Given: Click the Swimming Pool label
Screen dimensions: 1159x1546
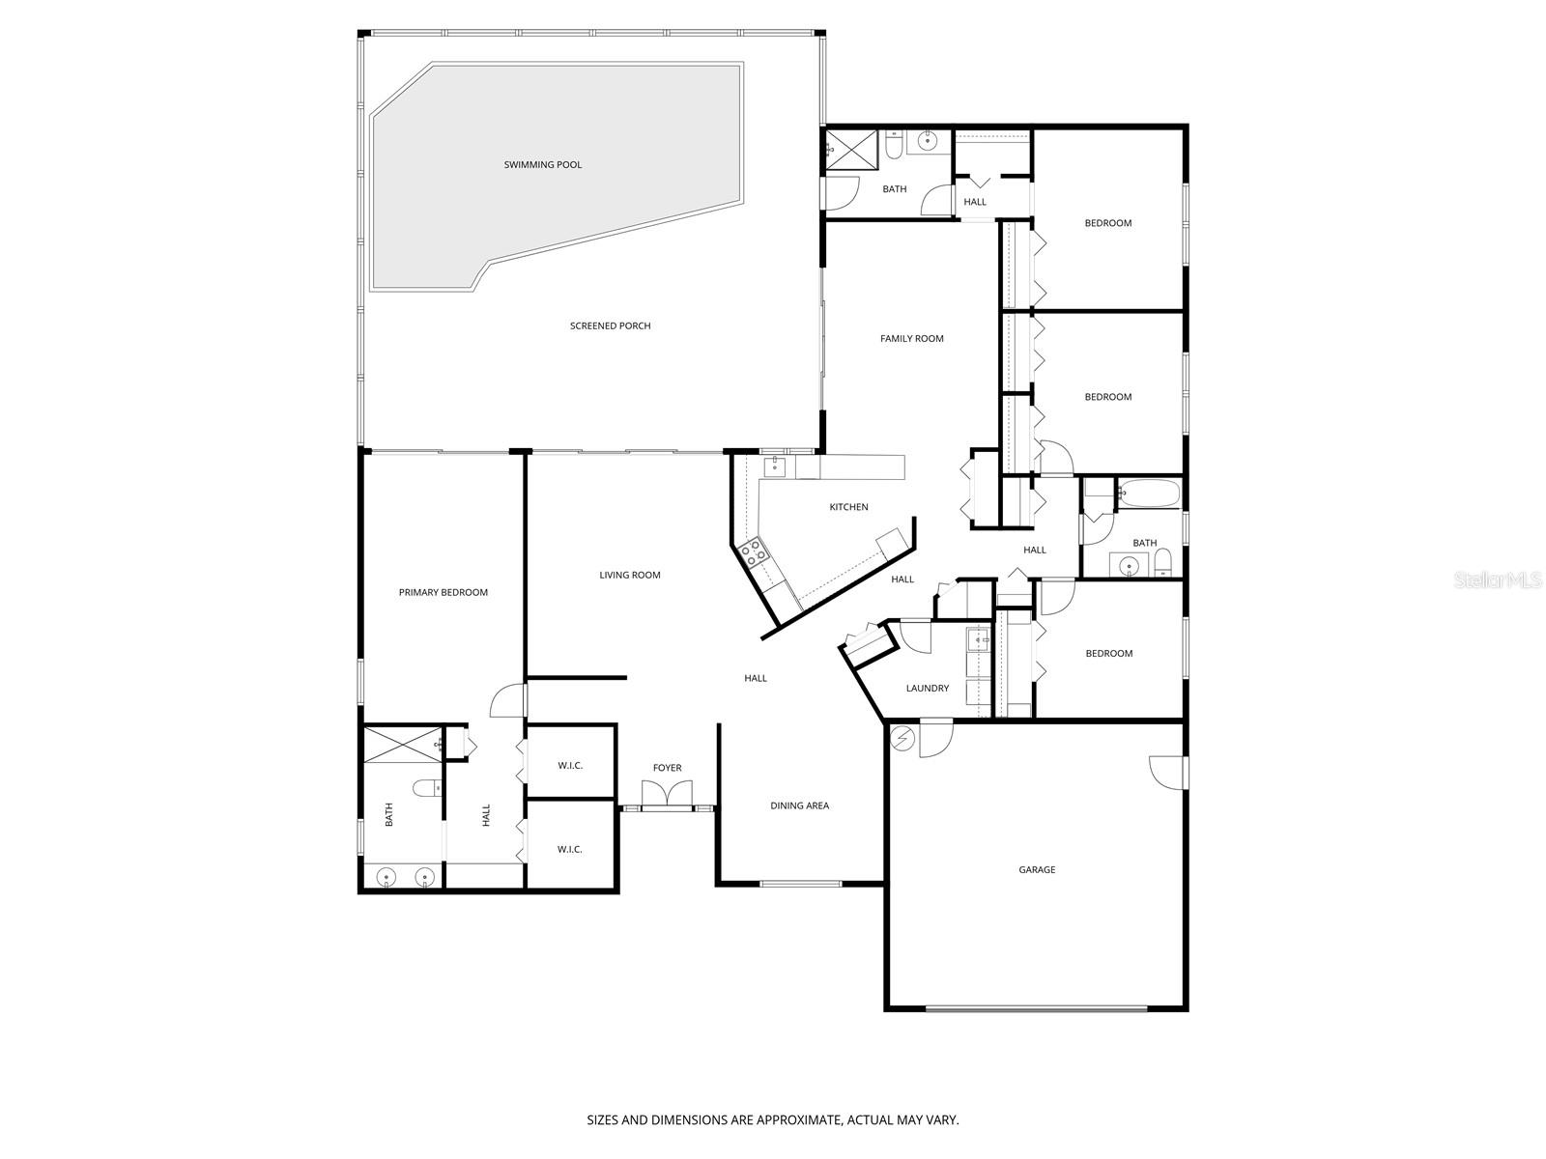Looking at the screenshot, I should [x=542, y=165].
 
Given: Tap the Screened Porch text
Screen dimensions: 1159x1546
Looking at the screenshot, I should [x=610, y=326].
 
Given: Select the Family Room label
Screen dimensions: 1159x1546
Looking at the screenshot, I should [x=911, y=339].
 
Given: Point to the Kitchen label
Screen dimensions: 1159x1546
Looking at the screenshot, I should [x=848, y=507].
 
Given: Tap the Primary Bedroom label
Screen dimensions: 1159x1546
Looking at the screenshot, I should [x=443, y=593].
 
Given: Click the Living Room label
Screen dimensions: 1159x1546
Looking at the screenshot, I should [x=629, y=576].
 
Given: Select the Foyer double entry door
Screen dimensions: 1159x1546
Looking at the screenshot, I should [x=667, y=795].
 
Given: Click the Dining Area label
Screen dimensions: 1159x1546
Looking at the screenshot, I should [x=799, y=806].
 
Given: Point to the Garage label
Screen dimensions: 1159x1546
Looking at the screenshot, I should [x=1037, y=870].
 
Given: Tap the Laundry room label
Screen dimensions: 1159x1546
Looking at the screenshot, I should [x=927, y=689].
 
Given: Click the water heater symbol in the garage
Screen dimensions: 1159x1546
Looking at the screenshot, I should [x=903, y=738].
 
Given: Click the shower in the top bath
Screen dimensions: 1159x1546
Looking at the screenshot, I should [x=848, y=150].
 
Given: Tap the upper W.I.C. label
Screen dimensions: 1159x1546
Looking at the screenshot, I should [x=570, y=766].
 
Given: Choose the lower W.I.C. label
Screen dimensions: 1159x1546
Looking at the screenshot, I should [x=570, y=850].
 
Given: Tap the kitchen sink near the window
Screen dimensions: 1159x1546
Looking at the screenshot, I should [x=773, y=467].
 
